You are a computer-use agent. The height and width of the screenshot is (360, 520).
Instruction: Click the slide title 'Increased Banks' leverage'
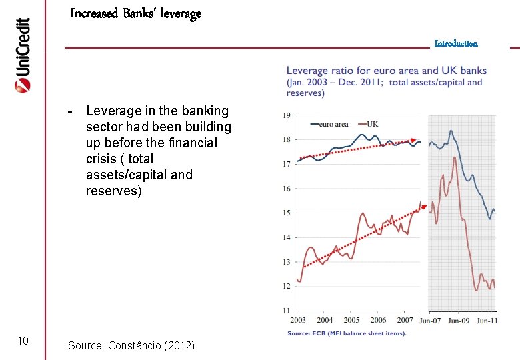click(135, 13)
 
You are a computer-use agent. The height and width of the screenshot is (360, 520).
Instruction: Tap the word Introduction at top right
click(456, 43)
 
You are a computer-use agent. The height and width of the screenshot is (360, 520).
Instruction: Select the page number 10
click(23, 341)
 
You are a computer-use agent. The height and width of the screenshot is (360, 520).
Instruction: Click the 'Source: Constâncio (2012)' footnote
click(131, 345)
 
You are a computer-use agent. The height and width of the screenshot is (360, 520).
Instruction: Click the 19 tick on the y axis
click(286, 115)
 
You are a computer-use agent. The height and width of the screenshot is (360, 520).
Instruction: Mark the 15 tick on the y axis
click(286, 213)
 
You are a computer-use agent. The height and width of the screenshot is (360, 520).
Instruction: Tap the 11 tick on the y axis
click(286, 310)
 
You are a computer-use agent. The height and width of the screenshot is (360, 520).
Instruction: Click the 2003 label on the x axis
click(298, 321)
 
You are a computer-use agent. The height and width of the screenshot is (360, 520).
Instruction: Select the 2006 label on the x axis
click(378, 321)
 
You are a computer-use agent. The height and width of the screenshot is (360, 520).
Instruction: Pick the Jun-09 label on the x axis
click(459, 321)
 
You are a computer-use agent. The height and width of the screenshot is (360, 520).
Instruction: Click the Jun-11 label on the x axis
click(486, 321)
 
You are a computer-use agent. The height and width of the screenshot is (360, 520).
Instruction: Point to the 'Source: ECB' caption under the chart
click(347, 333)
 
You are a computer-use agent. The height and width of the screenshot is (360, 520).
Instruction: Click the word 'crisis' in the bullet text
click(101, 159)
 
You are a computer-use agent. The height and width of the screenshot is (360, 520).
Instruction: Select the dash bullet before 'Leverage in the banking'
click(70, 111)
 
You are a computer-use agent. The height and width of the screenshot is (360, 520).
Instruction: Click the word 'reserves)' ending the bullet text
click(114, 191)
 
